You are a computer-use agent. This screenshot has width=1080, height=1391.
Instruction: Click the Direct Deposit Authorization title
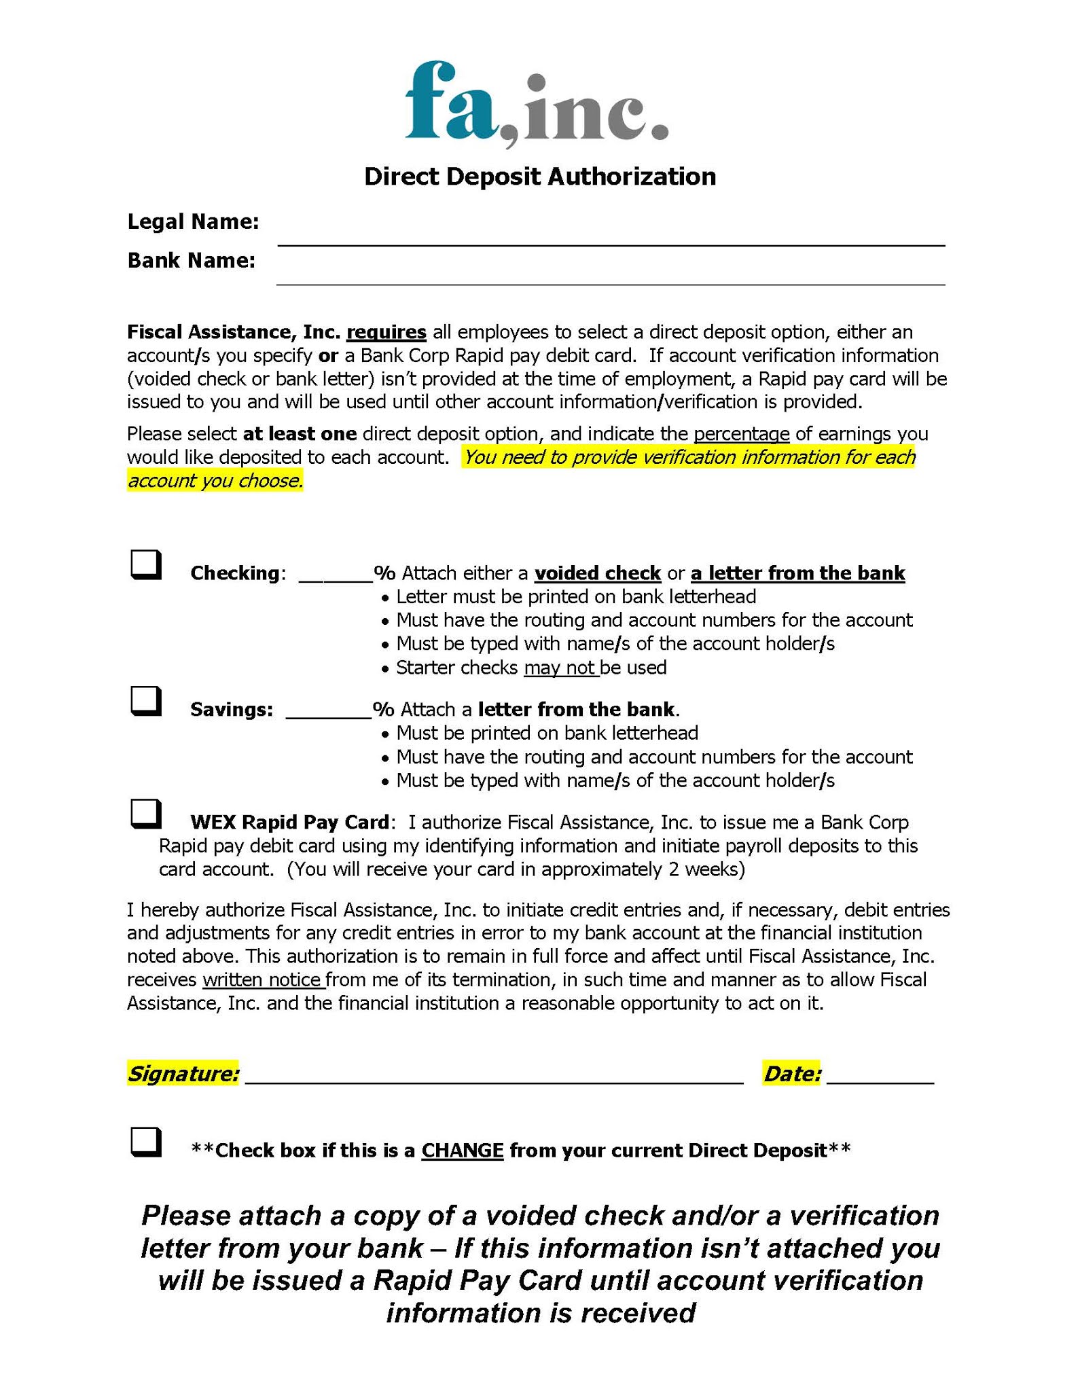[540, 177]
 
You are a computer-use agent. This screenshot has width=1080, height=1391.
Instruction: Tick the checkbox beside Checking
[145, 564]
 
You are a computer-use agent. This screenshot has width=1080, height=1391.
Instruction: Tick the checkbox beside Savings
[145, 701]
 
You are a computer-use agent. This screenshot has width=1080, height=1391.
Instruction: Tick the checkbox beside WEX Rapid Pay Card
[145, 814]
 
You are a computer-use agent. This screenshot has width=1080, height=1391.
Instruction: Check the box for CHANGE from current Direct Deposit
[145, 1142]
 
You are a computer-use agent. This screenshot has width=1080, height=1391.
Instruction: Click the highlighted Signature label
[183, 1074]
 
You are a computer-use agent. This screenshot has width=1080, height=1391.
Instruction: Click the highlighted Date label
[792, 1074]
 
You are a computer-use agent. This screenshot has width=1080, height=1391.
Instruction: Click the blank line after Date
[880, 1076]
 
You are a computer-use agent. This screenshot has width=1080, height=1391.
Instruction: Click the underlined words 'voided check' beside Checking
[598, 573]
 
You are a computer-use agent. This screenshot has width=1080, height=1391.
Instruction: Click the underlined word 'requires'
[386, 332]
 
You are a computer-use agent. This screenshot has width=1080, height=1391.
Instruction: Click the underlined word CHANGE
[462, 1151]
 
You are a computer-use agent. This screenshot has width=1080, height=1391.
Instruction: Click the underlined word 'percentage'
[741, 433]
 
